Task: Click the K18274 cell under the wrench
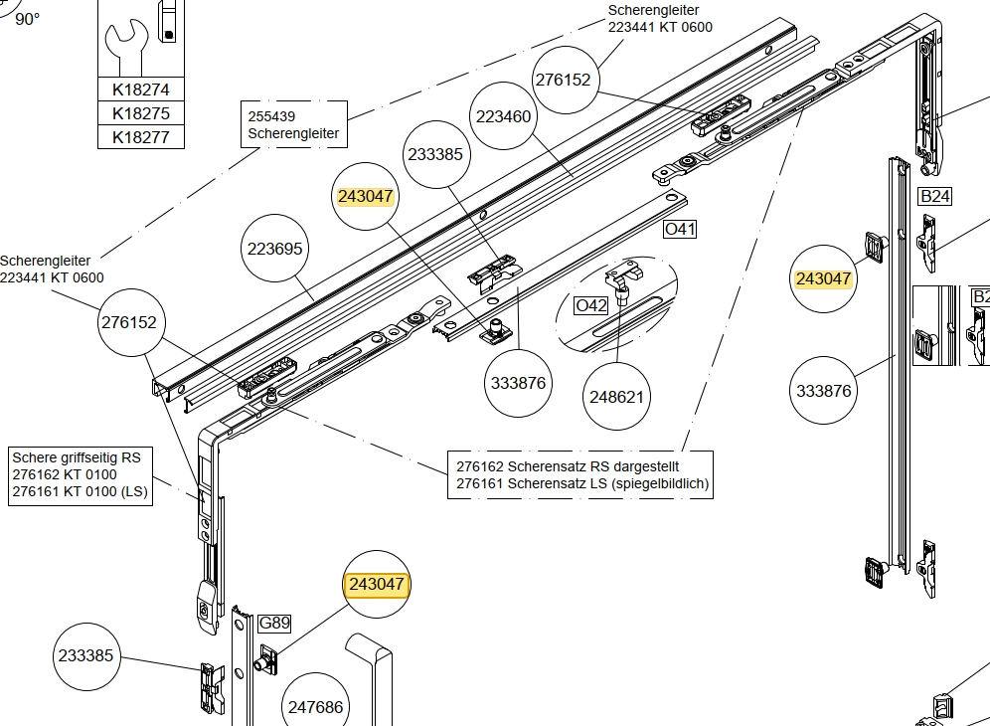point(141,90)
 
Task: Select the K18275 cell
point(141,113)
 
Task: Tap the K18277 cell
point(141,137)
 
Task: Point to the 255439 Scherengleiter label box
point(293,124)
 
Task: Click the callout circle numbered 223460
point(503,116)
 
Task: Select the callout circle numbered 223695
point(274,249)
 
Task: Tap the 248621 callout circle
point(617,397)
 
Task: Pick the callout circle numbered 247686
point(315,707)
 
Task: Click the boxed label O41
point(680,229)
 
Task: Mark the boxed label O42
point(591,305)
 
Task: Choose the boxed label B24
point(934,196)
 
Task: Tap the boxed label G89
point(274,624)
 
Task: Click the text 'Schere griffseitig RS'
point(77,458)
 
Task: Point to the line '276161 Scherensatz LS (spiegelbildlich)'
point(582,483)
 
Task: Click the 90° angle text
point(27,19)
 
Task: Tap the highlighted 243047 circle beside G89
point(376,584)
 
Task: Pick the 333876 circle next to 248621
point(518,383)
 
